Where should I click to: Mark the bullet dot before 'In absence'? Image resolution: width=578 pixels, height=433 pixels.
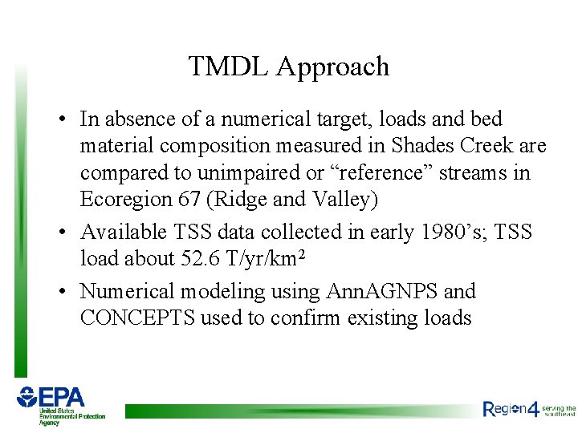(x=62, y=120)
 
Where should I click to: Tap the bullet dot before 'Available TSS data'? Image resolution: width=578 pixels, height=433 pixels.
(x=62, y=233)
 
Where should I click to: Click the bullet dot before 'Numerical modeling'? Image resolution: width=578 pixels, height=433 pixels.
(x=62, y=292)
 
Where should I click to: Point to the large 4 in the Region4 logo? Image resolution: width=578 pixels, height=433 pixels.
(x=533, y=409)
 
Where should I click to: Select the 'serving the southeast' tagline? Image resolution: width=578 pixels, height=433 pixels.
(x=560, y=411)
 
